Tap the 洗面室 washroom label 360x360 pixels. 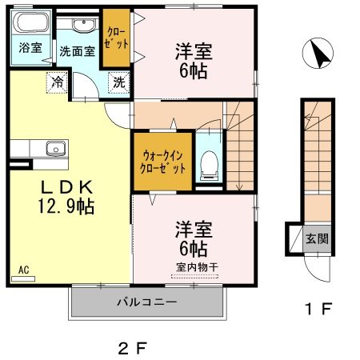click(x=78, y=50)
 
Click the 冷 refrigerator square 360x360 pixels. click(x=58, y=81)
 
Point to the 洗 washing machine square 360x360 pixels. click(x=118, y=81)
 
